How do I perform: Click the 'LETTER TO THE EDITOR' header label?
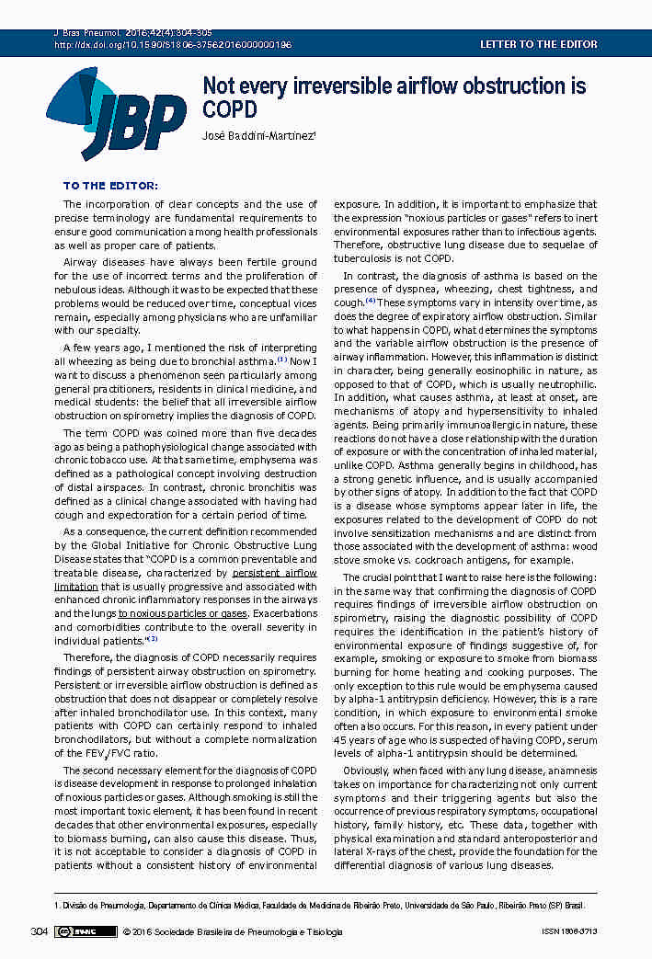click(x=538, y=44)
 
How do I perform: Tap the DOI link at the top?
click(x=174, y=44)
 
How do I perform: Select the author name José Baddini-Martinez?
click(x=258, y=136)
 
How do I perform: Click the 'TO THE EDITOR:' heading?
click(x=110, y=186)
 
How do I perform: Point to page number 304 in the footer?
click(x=39, y=931)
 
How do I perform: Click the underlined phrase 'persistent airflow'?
click(x=274, y=572)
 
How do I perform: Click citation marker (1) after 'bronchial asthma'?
click(x=282, y=360)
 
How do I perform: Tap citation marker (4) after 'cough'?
click(x=371, y=302)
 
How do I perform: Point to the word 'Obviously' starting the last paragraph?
click(x=366, y=771)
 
